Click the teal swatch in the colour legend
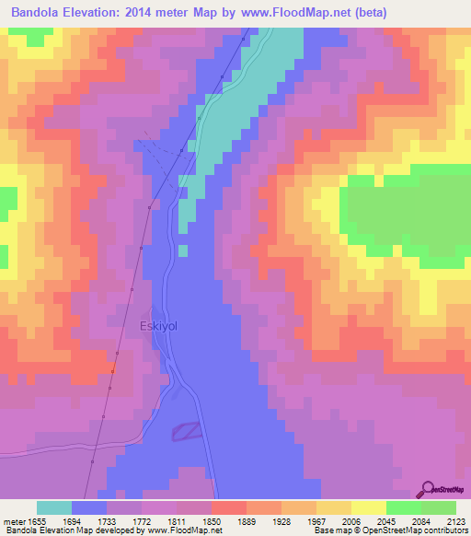point(54,507)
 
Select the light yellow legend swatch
point(368,507)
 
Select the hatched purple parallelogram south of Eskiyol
point(187,429)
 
